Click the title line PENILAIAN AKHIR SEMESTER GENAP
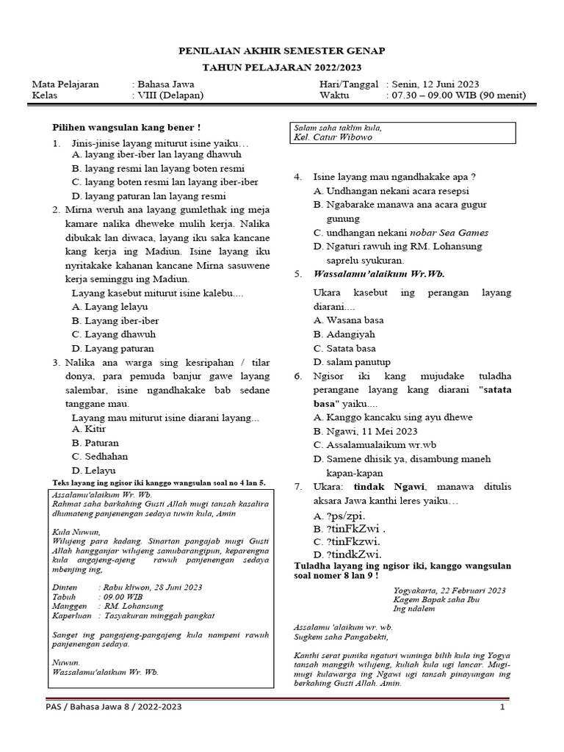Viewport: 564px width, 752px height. pos(282,51)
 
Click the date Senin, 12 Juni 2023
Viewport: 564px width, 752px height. pos(435,84)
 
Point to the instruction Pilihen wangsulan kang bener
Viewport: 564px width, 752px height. pos(127,128)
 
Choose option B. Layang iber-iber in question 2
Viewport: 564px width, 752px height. pos(115,321)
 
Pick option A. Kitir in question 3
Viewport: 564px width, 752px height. pos(91,429)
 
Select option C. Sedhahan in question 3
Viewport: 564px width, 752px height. pos(100,456)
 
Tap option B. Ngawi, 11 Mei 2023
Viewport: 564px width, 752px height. pos(365,431)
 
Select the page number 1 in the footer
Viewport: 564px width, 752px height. pos(502,706)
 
